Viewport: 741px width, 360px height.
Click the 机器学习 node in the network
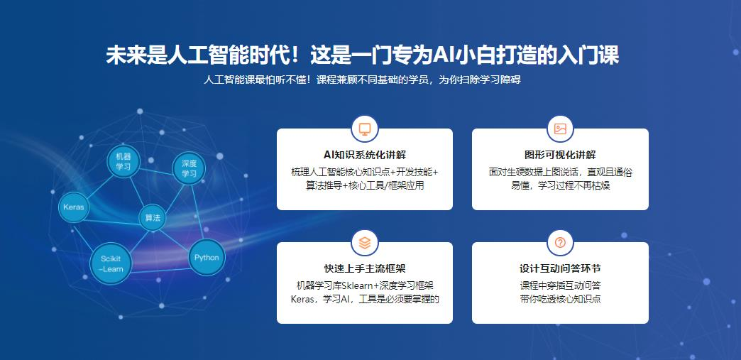point(123,161)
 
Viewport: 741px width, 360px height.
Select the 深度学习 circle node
point(189,168)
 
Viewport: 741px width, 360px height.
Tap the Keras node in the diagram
point(74,207)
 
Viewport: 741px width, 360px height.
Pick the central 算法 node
point(153,217)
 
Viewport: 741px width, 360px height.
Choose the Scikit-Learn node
point(111,264)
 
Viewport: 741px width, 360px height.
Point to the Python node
point(207,257)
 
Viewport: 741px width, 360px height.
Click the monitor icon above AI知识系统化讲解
point(365,129)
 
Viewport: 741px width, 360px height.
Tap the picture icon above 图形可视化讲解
point(560,129)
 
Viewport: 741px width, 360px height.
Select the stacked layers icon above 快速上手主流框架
point(365,243)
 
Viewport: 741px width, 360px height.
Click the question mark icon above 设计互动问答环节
point(560,243)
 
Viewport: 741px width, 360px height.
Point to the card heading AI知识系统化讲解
point(365,155)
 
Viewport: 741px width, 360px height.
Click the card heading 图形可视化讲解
point(560,155)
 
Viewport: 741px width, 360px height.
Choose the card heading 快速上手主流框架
point(365,268)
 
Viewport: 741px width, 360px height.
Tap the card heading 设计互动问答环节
point(560,268)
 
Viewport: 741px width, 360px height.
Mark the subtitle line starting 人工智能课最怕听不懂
point(363,80)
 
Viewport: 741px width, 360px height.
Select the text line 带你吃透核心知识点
point(560,299)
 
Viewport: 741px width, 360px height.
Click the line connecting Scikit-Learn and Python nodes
point(160,271)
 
